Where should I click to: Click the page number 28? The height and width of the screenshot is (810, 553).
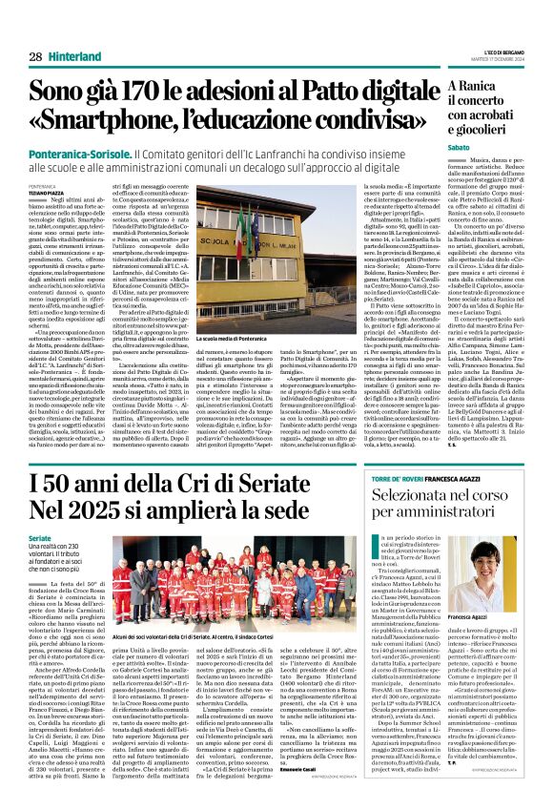coord(34,57)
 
